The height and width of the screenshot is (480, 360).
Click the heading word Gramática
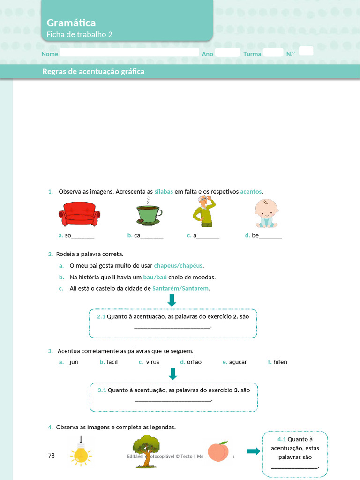point(71,22)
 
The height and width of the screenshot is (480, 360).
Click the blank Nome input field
point(129,52)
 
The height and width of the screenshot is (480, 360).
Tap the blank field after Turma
point(273,52)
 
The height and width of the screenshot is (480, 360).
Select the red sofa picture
point(79,214)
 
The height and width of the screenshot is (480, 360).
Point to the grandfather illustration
point(204,211)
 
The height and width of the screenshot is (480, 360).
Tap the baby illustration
point(266,213)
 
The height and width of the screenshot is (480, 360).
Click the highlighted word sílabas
point(164,191)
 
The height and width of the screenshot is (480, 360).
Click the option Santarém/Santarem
point(180,288)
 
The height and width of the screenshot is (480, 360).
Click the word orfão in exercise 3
point(194,362)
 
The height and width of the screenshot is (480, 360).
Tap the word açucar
point(238,362)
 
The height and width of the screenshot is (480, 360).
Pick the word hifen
point(280,362)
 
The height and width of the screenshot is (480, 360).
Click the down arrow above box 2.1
point(172,300)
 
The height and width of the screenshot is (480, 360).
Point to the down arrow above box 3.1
point(172,374)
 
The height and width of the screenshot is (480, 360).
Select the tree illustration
point(146,451)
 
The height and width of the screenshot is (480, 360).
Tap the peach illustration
point(218,451)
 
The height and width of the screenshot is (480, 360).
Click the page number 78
point(52,455)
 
